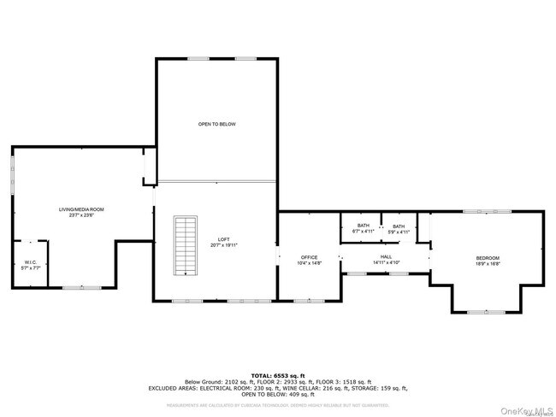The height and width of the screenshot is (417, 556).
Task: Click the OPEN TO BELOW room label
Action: click(216, 124)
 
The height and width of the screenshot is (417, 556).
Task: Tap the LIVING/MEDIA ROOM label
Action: click(82, 208)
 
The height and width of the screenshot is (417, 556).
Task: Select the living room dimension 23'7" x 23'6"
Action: click(82, 214)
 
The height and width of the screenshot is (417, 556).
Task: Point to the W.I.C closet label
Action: click(30, 262)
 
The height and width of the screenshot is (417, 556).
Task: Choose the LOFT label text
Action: click(223, 239)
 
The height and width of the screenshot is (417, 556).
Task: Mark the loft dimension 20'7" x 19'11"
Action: click(223, 245)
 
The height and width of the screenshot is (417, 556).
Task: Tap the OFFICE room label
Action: click(309, 257)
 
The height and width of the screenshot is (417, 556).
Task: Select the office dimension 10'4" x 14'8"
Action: click(309, 263)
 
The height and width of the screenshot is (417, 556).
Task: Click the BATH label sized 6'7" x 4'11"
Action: click(364, 226)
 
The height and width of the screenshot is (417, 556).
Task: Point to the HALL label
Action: click(386, 256)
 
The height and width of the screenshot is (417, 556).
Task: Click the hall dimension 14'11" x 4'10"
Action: click(386, 262)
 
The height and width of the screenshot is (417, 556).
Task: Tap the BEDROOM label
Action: click(488, 258)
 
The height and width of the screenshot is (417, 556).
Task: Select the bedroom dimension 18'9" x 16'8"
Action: click(488, 264)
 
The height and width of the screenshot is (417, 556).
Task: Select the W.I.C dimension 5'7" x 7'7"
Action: click(30, 268)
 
